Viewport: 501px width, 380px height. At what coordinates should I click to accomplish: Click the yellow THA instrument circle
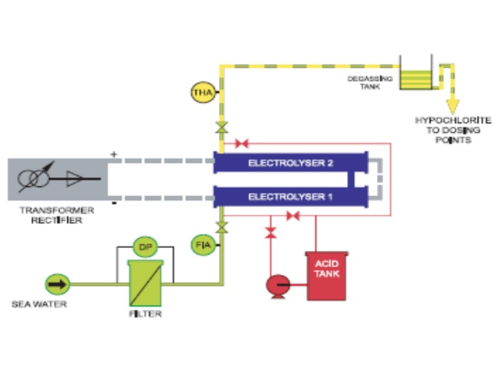(x=203, y=94)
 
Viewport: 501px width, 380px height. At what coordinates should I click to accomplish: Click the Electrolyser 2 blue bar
(x=290, y=163)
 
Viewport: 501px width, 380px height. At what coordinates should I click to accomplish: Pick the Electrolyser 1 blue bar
(x=290, y=197)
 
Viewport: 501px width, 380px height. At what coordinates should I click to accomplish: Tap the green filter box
(x=144, y=283)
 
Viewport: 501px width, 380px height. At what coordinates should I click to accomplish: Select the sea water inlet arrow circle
(x=58, y=284)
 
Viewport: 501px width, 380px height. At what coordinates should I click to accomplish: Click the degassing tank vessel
(x=417, y=76)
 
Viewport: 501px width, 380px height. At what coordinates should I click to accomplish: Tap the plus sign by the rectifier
(x=114, y=155)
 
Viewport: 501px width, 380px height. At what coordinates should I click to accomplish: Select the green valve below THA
(x=221, y=126)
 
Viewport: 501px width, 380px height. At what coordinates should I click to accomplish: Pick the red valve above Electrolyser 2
(x=241, y=143)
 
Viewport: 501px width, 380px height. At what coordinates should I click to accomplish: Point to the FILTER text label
(x=144, y=314)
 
